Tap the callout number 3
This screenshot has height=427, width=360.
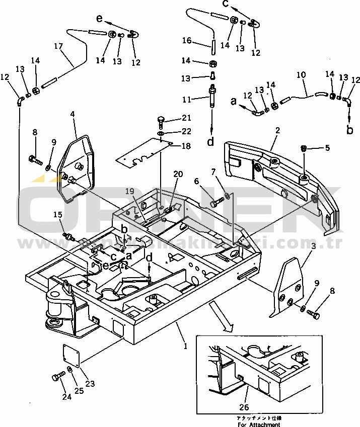coord(313,246)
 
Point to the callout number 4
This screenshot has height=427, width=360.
coord(73,115)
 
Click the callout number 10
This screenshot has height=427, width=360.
coord(301,75)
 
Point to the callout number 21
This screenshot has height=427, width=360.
coord(187,118)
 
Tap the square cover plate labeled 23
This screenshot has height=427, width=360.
coord(72,355)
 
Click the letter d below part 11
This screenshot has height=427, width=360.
coord(210,142)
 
